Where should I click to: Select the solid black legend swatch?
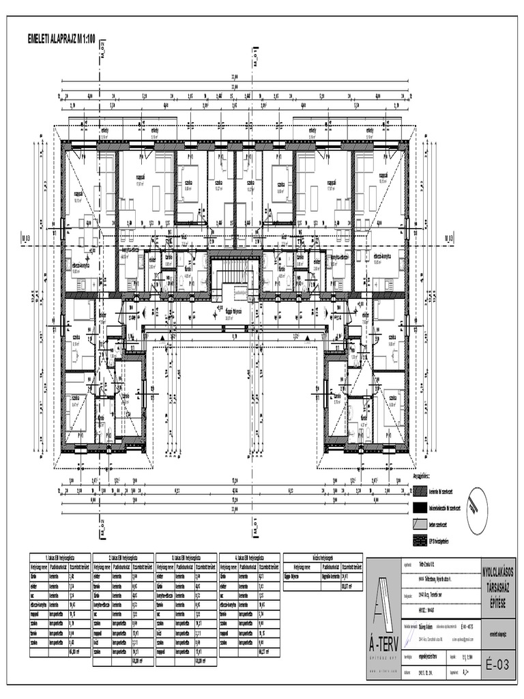point(419,509)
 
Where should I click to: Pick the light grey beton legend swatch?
point(419,525)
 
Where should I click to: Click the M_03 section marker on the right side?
point(448,238)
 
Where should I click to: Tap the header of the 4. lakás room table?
point(250,557)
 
